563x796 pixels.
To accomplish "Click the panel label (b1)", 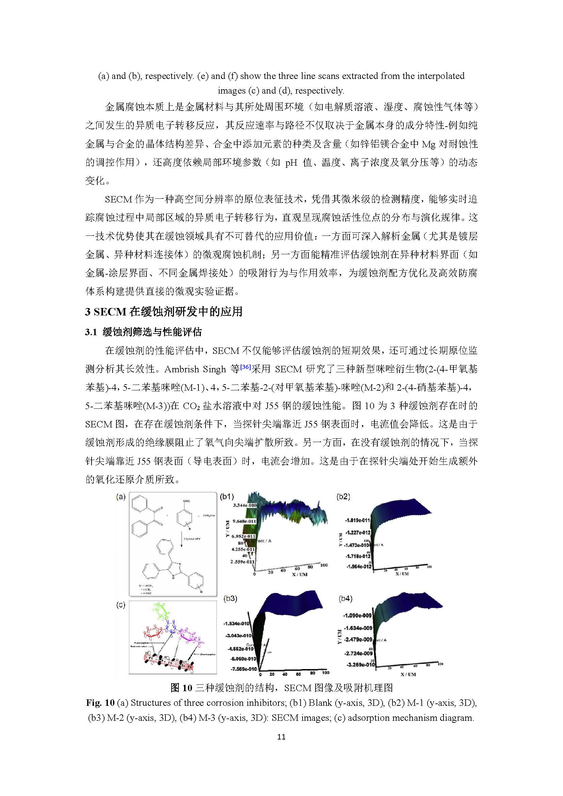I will (x=227, y=497).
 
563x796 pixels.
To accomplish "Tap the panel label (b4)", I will (x=345, y=598).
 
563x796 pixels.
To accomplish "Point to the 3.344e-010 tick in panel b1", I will (x=245, y=505).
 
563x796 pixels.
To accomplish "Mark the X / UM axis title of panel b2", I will (x=402, y=574).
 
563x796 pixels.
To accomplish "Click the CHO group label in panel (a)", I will (x=186, y=501).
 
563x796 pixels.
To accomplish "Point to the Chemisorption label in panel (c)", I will (x=207, y=654).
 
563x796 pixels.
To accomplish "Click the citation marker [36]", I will (x=245, y=367).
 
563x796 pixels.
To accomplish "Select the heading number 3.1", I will (x=91, y=332).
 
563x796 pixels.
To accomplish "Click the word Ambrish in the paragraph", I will (x=181, y=369).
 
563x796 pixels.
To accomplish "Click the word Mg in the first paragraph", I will (x=429, y=144).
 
